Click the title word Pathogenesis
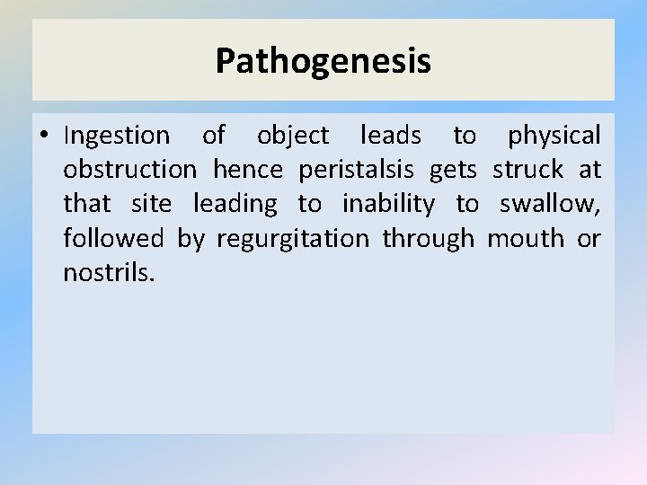pyautogui.click(x=323, y=61)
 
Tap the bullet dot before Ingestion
pyautogui.click(x=43, y=137)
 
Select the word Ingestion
pyautogui.click(x=116, y=136)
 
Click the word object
pyautogui.click(x=293, y=136)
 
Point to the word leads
pyautogui.click(x=390, y=136)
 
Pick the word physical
pyautogui.click(x=554, y=136)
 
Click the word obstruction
pyautogui.click(x=129, y=170)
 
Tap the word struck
pyautogui.click(x=527, y=170)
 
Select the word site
pyautogui.click(x=150, y=204)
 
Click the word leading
pyautogui.click(x=235, y=204)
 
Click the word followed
pyautogui.click(x=113, y=238)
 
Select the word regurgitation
pyautogui.click(x=293, y=239)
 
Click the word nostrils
pyautogui.click(x=108, y=272)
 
